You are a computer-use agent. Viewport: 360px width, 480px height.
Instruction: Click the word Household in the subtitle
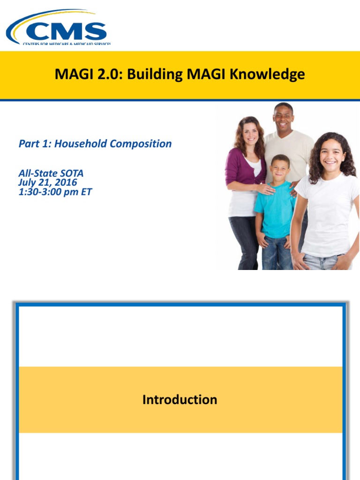pyautogui.click(x=80, y=143)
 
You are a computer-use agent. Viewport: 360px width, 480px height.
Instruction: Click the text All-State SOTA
pyautogui.click(x=51, y=173)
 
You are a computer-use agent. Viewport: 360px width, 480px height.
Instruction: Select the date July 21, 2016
pyautogui.click(x=48, y=182)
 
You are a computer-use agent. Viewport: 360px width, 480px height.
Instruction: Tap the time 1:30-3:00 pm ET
pyautogui.click(x=55, y=192)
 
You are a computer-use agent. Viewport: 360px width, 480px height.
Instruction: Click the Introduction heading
pyautogui.click(x=180, y=400)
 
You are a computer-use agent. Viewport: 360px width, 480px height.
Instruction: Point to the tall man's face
pyautogui.click(x=284, y=119)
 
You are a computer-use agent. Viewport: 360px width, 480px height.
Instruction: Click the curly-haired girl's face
pyautogui.click(x=332, y=155)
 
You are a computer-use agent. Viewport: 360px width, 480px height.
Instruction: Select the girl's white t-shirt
pyautogui.click(x=326, y=216)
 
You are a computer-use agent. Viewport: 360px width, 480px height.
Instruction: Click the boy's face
pyautogui.click(x=280, y=167)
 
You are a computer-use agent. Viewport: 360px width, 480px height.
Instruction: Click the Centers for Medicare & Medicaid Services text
pyautogui.click(x=67, y=44)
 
